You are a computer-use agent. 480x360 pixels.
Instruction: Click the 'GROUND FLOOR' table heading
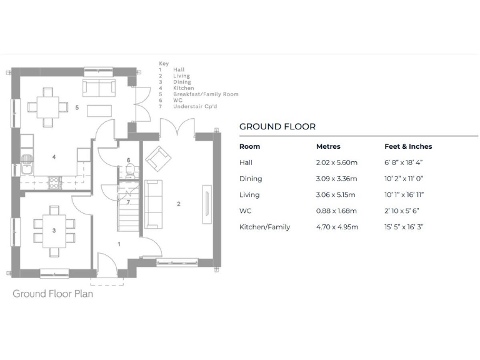[x=277, y=126]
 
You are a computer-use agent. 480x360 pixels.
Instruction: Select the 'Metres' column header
[x=328, y=146]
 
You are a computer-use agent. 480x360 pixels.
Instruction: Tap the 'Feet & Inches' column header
[x=407, y=146]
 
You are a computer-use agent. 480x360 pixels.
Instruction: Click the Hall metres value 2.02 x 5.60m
[x=336, y=162]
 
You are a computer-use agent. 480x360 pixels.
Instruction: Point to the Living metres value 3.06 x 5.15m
[x=336, y=195]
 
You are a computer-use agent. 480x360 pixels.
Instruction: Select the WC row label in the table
[x=245, y=211]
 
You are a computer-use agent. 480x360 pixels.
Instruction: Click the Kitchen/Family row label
[x=264, y=227]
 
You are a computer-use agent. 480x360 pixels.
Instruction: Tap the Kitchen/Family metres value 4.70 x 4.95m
[x=337, y=227]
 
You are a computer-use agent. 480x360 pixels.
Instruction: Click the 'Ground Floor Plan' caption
[x=52, y=293]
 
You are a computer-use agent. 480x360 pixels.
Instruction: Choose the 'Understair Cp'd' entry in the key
[x=196, y=106]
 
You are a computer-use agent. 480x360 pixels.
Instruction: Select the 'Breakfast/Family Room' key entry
[x=206, y=94]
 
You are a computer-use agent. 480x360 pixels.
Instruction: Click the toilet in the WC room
[x=129, y=173]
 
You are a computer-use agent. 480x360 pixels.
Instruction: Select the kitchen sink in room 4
[x=27, y=167]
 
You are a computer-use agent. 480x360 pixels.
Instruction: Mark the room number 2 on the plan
[x=179, y=204]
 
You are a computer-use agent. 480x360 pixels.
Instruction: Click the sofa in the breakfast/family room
[x=99, y=88]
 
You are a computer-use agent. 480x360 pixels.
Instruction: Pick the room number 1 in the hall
[x=119, y=244]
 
